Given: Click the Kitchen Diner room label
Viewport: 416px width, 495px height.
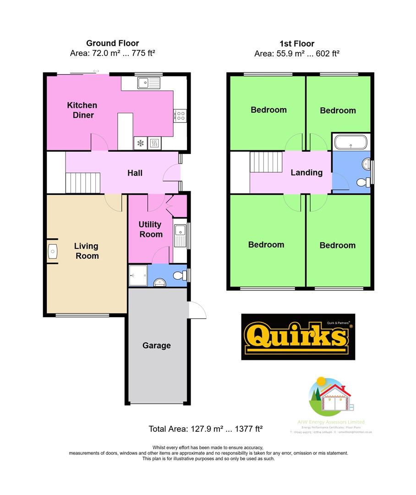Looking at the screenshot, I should [x=82, y=110].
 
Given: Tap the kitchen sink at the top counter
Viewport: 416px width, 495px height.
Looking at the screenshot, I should [x=148, y=82].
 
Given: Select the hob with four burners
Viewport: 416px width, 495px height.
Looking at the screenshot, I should [x=180, y=115].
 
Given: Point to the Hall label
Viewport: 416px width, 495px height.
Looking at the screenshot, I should [x=135, y=173].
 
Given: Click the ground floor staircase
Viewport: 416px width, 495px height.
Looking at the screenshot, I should [x=83, y=182].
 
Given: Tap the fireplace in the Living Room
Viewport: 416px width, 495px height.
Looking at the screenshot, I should [x=52, y=251].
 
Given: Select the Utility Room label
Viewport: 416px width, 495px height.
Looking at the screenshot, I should [x=151, y=229].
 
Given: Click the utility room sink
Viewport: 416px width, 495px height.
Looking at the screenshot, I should [x=179, y=236].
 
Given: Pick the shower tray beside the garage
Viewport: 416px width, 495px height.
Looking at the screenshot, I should [x=138, y=275].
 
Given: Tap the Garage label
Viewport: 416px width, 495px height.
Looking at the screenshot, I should [x=156, y=346].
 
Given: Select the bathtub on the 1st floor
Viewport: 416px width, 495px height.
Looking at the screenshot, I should [x=350, y=142].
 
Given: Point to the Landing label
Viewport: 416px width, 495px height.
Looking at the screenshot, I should [x=307, y=172].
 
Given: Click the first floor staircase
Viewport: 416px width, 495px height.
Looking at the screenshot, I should [x=266, y=162].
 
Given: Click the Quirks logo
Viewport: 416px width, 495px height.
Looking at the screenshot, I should [x=298, y=337].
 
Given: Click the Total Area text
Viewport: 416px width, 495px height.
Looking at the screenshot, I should [x=205, y=429].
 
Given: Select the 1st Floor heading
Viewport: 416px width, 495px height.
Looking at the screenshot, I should [x=297, y=44].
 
